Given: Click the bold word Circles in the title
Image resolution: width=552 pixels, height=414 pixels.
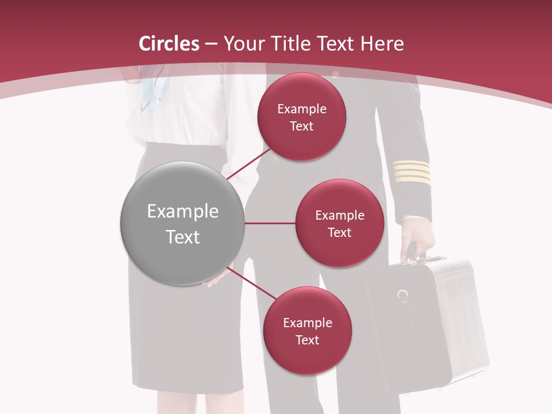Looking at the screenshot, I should coord(169,44).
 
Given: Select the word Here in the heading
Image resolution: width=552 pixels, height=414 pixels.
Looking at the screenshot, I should coord(382,44).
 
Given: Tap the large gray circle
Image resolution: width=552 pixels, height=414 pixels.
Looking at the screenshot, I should coord(182,223).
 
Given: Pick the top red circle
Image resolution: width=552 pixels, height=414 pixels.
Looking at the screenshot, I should coord(302,117).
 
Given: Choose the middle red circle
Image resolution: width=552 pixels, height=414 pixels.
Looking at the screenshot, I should coord(339,223).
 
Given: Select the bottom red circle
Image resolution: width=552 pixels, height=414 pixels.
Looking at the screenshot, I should coord(307,331).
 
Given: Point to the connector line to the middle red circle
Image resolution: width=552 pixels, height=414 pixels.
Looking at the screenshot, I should coord(270,223).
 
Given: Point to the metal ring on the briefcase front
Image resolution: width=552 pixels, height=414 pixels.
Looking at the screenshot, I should coord(403,296).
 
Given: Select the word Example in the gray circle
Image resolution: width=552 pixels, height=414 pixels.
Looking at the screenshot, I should coord(182,212).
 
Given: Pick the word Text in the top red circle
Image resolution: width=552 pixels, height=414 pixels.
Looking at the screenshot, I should coord(302,126).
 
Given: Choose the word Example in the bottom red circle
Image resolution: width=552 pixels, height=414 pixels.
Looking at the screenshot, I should coord(307,323).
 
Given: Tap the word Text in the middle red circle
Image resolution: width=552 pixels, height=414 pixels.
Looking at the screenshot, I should coord(339,232).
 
